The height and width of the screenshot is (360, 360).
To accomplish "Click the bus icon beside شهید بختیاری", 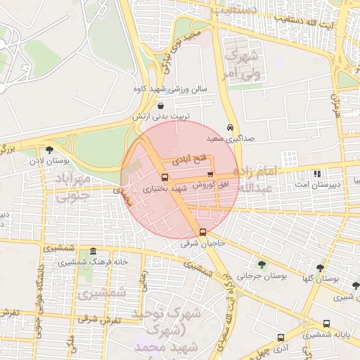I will [x=165, y=177].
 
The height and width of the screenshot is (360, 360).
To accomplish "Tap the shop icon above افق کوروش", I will [x=210, y=174].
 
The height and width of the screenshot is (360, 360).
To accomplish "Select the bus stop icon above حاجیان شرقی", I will [x=203, y=232].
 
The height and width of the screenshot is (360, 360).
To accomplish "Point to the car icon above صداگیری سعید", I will [x=231, y=127].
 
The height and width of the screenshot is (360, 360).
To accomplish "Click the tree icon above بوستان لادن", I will [x=49, y=149].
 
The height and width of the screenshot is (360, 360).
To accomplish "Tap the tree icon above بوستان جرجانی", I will [x=262, y=264].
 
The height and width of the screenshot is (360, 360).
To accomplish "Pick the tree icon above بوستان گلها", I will [x=320, y=268].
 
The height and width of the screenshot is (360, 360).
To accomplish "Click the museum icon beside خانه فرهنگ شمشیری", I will [x=93, y=251].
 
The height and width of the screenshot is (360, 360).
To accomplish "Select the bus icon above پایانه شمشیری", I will [x=326, y=323].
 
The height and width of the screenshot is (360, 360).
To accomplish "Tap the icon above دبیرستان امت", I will [x=317, y=173].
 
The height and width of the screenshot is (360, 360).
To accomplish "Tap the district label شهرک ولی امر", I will [x=241, y=63].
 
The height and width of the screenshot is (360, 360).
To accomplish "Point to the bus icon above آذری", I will [x=281, y=337].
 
